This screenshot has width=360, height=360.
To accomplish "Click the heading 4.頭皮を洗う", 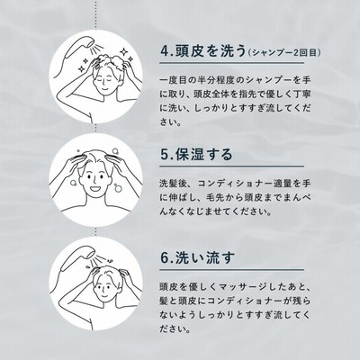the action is coord(203,51).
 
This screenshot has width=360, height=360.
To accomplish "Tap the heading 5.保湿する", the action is coord(196,155).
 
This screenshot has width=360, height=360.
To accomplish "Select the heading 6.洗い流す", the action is coord(198,258).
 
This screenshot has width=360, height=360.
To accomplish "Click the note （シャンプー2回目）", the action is coord(284,53).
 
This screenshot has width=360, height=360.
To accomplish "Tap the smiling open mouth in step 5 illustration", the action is coord(95,190).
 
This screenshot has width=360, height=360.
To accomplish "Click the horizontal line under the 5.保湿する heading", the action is coord(231,166).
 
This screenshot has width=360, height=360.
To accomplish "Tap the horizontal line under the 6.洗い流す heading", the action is coord(231,269).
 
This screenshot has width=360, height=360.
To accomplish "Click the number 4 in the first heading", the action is coord(165,51).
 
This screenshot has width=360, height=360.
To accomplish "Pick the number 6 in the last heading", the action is coord(165,258).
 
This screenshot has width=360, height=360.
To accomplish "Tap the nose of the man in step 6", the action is coord(103,291).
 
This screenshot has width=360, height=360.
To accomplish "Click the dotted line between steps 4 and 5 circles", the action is coord(95,128).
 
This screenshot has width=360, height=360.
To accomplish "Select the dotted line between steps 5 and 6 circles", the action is coord(95,231).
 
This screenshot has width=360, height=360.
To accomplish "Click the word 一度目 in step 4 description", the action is coord(174,80).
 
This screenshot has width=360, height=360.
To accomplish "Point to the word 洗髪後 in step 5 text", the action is coord(174,183).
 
